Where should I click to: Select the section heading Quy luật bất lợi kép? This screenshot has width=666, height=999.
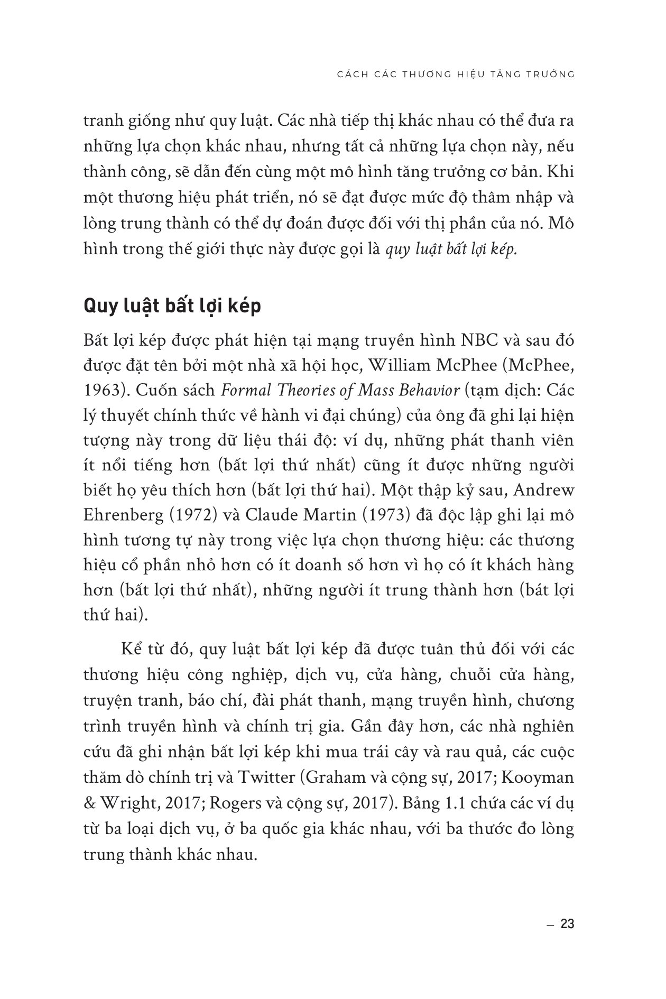tap(172, 307)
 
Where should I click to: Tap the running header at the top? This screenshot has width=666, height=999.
tap(456, 74)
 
